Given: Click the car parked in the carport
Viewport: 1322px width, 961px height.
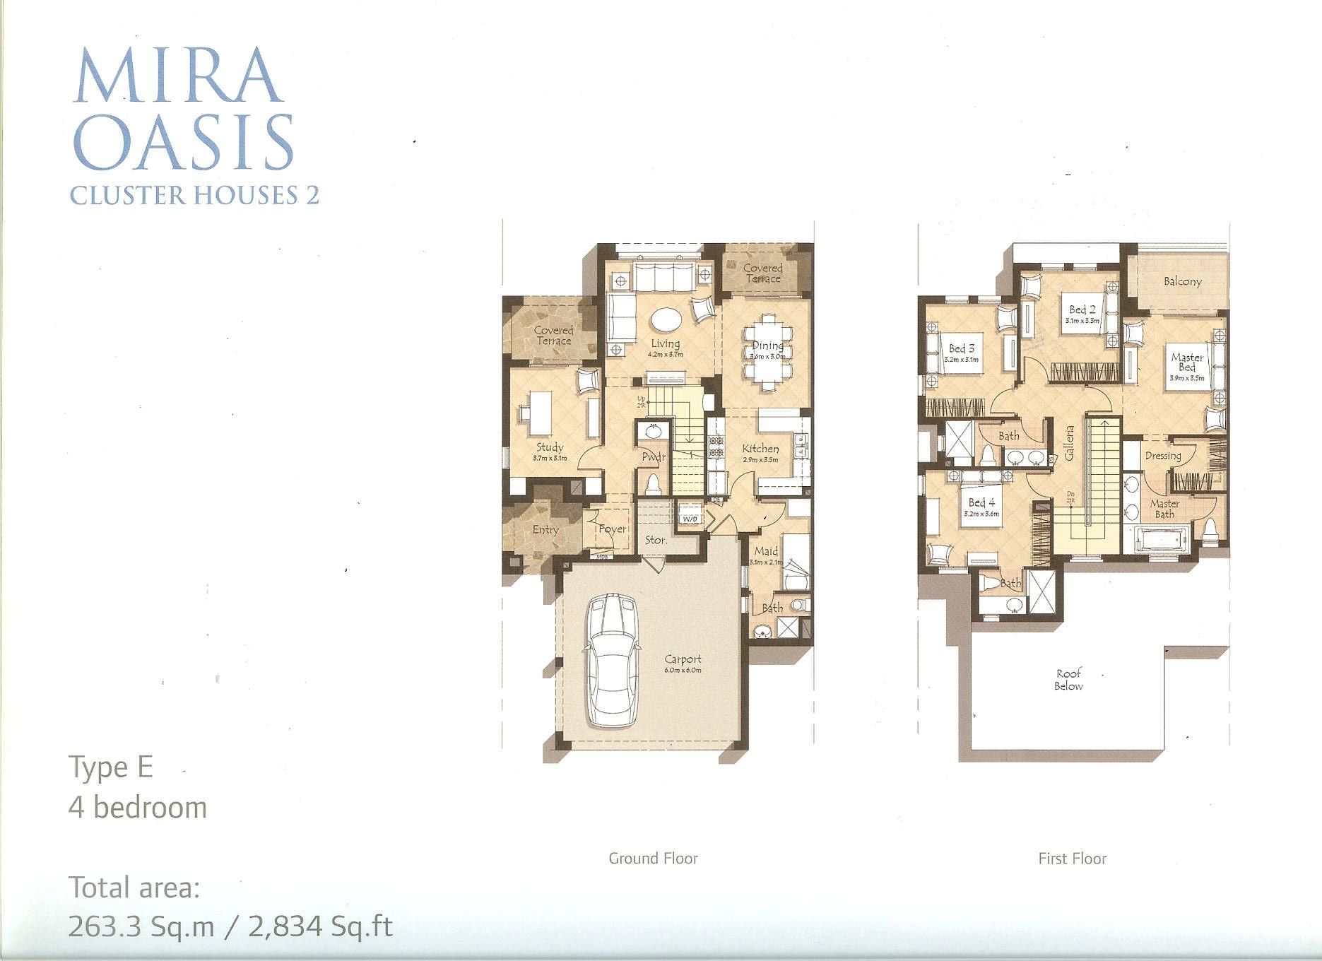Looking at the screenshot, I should click(x=612, y=660).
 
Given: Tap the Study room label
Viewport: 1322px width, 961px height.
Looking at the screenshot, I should click(x=550, y=447).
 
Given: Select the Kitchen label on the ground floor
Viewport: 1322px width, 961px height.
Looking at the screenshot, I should click(x=760, y=449).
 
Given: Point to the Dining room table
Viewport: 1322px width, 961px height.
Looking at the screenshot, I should click(x=767, y=351).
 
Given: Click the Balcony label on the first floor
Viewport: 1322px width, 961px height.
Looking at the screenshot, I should click(x=1182, y=282).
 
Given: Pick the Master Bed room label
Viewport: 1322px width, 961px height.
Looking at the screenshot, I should click(x=1187, y=362).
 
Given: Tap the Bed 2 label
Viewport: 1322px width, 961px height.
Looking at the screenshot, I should click(x=1082, y=309).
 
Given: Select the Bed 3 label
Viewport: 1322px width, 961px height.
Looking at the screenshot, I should click(x=962, y=348).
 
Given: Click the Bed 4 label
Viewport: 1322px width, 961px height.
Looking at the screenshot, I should click(x=981, y=502).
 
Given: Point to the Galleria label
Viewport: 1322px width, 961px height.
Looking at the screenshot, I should click(x=1070, y=443).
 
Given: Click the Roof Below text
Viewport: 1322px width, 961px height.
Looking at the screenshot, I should click(x=1068, y=680).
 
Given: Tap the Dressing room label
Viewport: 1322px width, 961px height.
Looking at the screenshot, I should click(x=1163, y=456).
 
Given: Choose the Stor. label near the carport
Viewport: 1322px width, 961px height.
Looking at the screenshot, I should click(x=656, y=540).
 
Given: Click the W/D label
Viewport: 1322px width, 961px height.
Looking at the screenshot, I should click(x=690, y=519).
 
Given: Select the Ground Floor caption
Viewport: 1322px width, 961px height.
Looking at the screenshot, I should click(x=653, y=859).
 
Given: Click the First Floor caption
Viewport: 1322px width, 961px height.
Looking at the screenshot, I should click(x=1072, y=859).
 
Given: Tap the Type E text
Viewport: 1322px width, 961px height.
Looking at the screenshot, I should click(x=111, y=767).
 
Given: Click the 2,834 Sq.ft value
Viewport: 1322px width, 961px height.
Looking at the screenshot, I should click(x=320, y=926).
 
